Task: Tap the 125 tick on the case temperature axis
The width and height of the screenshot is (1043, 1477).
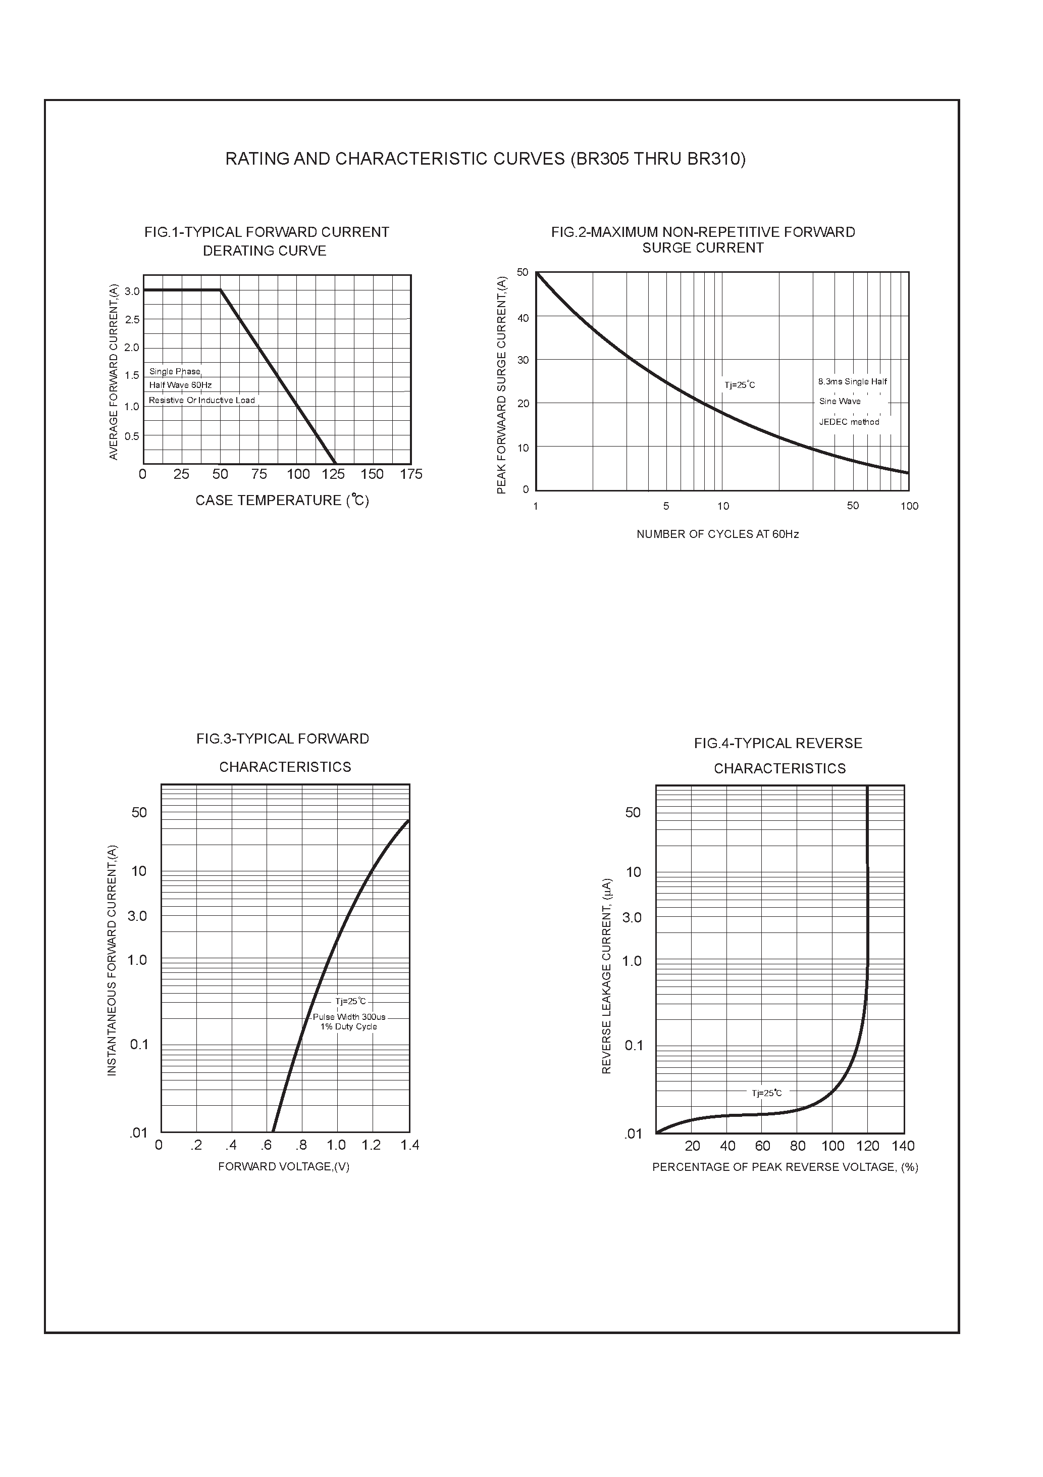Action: (333, 475)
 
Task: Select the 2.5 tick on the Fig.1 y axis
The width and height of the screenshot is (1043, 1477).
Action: (132, 320)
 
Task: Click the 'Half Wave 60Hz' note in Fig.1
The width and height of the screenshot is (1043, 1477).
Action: (180, 385)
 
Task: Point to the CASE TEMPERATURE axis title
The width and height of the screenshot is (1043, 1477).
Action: (282, 501)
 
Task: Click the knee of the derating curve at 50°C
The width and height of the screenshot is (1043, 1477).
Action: (221, 290)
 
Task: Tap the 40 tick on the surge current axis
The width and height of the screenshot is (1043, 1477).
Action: (523, 318)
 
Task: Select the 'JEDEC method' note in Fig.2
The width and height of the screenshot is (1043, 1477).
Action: (849, 422)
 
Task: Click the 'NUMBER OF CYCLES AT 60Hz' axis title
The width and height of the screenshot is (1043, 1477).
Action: (717, 534)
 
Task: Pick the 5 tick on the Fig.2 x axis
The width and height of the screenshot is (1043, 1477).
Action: (666, 506)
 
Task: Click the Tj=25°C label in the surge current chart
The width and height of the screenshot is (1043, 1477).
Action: (740, 385)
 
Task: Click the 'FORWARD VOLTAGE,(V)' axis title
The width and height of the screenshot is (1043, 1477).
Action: (284, 1167)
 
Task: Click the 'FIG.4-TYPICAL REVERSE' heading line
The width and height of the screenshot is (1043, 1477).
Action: (778, 744)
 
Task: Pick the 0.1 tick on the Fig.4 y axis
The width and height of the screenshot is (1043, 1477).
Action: (634, 1045)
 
